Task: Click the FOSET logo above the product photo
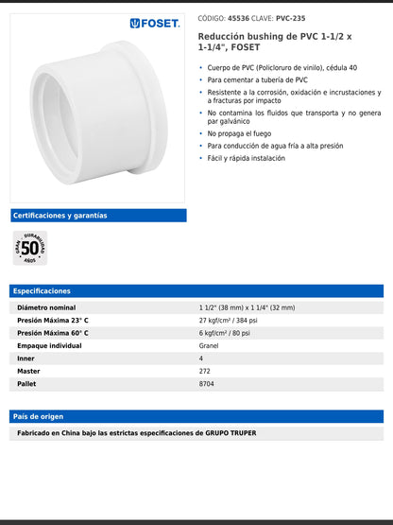155,23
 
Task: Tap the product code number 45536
239,18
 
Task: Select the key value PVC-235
291,18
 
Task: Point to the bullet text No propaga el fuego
239,133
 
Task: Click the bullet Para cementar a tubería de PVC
258,79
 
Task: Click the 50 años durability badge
30,248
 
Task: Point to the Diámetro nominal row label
46,308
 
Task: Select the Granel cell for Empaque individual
209,346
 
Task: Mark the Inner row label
27,359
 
